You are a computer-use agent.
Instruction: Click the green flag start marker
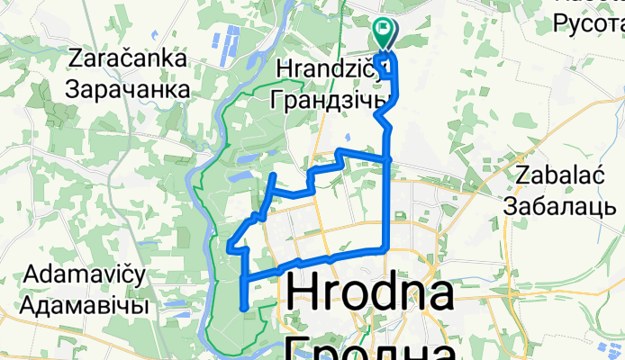pyautogui.click(x=385, y=34)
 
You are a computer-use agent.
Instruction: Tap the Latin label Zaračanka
pyautogui.click(x=127, y=60)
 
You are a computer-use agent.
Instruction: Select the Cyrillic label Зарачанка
pyautogui.click(x=127, y=89)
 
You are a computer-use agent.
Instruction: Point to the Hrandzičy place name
pyautogui.click(x=324, y=69)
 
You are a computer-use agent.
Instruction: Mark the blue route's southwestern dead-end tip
pyautogui.click(x=244, y=309)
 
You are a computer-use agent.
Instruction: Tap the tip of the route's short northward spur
pyautogui.click(x=274, y=174)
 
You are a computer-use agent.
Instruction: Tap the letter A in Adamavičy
pyautogui.click(x=36, y=273)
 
